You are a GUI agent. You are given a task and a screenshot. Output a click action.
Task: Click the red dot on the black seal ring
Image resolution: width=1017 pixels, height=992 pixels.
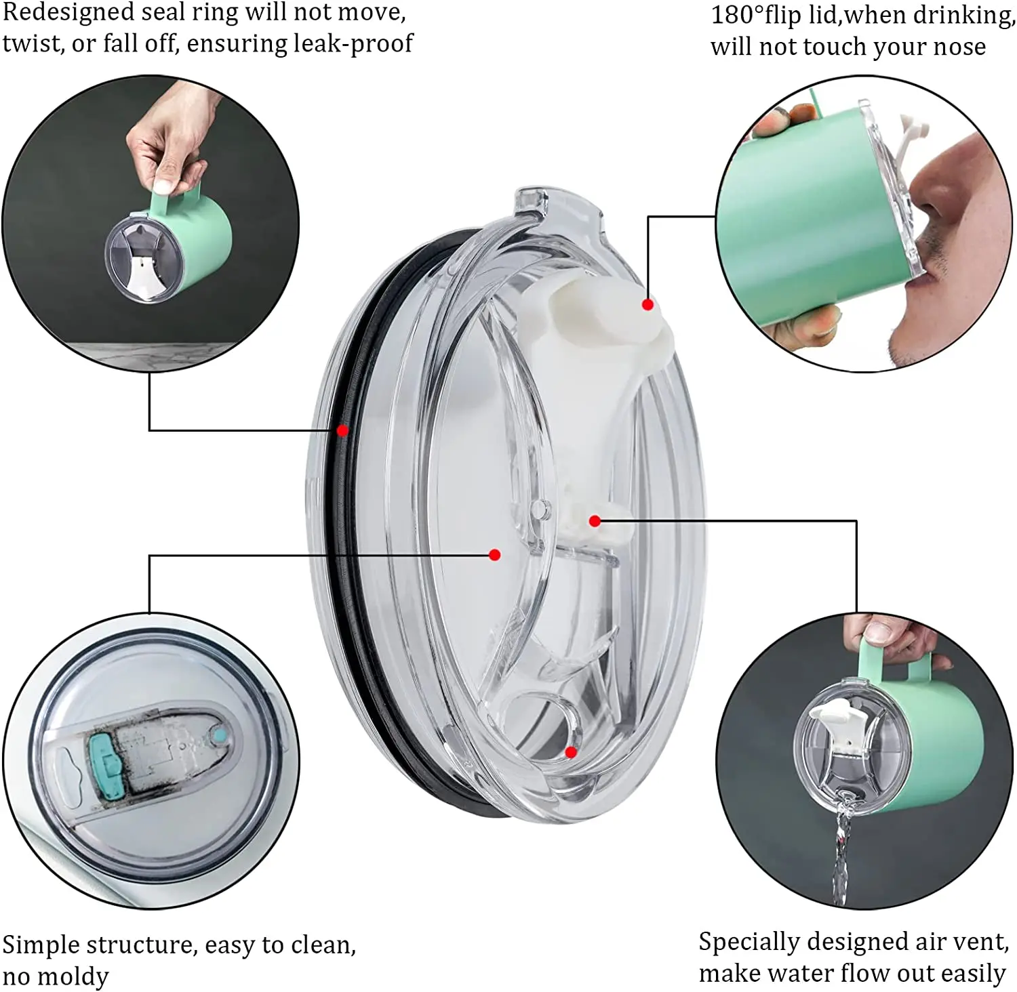(343, 430)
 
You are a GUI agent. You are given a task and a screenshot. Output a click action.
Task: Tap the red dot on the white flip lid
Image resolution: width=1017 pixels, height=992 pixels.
(647, 305)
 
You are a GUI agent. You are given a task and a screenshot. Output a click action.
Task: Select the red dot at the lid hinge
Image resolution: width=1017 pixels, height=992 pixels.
(595, 521)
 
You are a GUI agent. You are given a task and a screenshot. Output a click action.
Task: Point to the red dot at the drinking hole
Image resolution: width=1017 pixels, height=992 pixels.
(571, 752)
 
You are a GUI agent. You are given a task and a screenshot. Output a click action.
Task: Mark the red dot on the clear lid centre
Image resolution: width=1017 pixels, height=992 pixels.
(495, 555)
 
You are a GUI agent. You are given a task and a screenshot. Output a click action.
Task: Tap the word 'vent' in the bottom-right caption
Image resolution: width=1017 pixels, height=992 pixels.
(982, 943)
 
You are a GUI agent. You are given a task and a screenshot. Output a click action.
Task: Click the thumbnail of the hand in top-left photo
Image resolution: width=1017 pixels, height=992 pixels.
(163, 187)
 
